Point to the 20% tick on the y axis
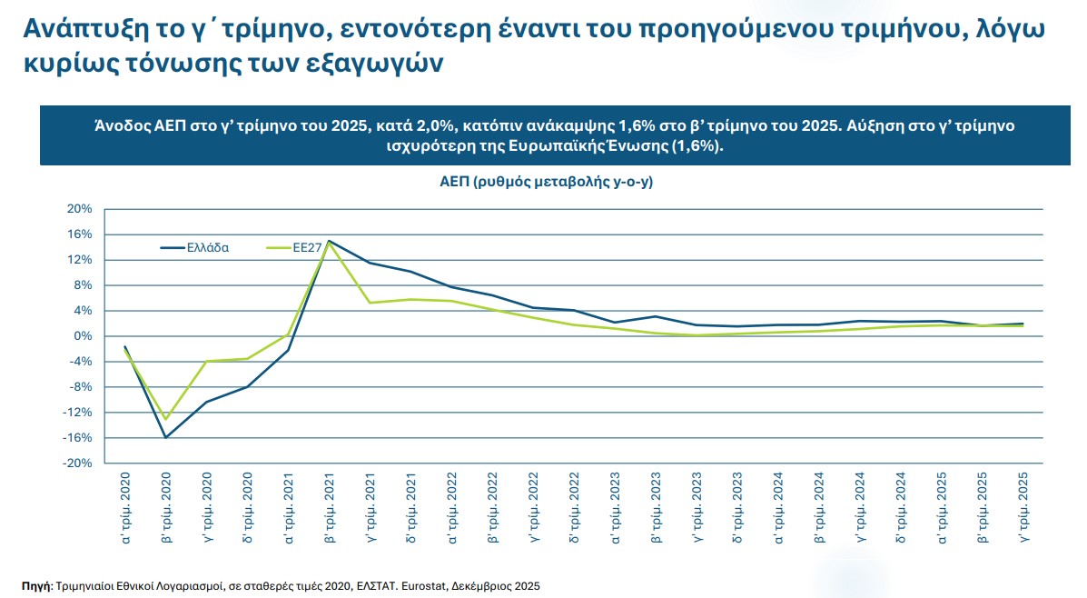pos(80,209)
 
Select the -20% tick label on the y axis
pos(78,463)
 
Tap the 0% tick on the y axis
pos(83,336)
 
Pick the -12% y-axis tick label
pos(78,413)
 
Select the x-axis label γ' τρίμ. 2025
pos(1023,508)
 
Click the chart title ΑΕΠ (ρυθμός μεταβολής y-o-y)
pos(548,182)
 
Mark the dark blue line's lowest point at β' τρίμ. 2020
pos(166,437)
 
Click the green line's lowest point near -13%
pos(166,418)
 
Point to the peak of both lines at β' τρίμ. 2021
pos(329,241)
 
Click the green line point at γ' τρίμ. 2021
pos(370,303)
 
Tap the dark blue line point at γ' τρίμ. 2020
pos(207,402)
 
